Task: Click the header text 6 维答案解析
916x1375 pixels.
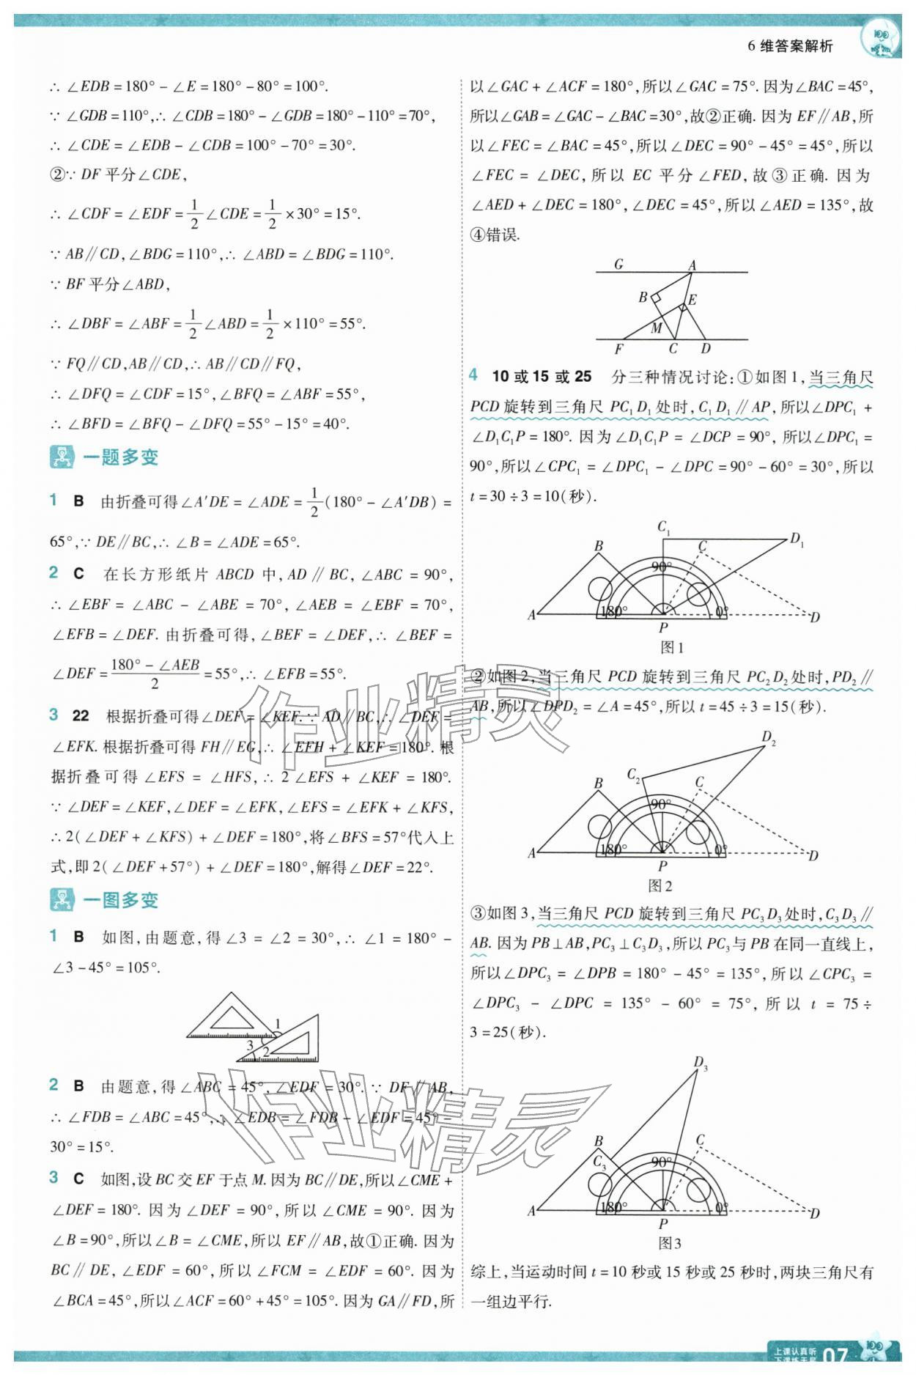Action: (790, 46)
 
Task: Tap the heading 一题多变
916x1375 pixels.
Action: (120, 457)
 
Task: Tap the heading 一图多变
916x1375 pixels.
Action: (120, 900)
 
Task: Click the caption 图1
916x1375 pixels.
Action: (671, 647)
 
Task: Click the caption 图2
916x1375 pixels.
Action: (660, 885)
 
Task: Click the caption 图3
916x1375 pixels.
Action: (670, 1243)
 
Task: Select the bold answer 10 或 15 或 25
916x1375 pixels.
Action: (542, 377)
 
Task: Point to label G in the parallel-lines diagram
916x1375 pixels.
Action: (618, 264)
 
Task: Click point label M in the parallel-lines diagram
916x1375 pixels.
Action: (657, 328)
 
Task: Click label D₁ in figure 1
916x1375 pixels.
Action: (797, 540)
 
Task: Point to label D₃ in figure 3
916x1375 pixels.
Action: (701, 1063)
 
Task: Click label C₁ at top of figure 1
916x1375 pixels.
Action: (664, 527)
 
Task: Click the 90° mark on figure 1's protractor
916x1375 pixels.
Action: (661, 567)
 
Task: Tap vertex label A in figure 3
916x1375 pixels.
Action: (532, 1212)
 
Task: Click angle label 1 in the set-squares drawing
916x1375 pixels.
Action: (278, 1024)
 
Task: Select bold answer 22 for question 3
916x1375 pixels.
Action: (81, 715)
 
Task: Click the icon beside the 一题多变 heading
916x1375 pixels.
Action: (62, 457)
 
